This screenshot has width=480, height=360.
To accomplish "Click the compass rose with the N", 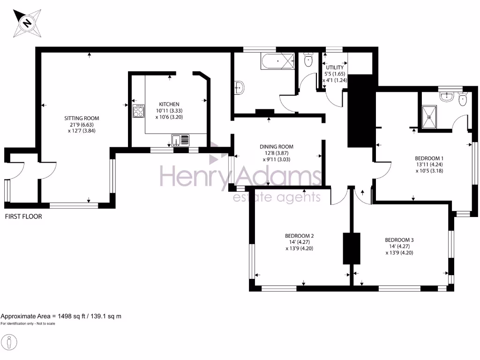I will [27, 22].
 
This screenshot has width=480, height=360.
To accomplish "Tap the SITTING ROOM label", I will [82, 118].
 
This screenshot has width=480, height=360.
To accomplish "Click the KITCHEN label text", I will [169, 104].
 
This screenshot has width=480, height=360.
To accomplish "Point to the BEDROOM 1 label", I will [429, 158].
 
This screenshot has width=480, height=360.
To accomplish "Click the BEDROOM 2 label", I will [299, 236].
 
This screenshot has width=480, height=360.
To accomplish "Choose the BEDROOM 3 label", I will [399, 240].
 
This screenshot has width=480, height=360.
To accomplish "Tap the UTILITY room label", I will [335, 67].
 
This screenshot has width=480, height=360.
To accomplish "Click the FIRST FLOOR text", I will [23, 217].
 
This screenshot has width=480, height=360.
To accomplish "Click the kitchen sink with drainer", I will [180, 139].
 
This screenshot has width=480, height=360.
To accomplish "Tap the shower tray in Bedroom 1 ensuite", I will [430, 115].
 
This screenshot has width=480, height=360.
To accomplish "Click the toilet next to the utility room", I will [308, 60].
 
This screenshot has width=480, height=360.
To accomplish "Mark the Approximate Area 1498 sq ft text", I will [61, 316].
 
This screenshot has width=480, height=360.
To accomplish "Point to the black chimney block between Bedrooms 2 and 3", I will [351, 248].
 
